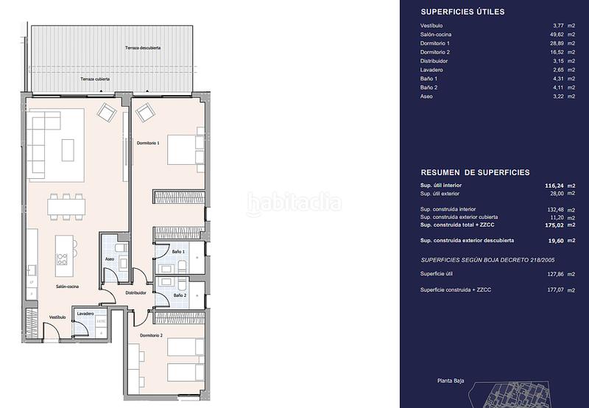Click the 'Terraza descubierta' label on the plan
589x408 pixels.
[143, 48]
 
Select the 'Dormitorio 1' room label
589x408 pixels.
[148, 143]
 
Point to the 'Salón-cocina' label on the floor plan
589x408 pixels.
[68, 286]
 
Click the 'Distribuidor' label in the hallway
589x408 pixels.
[135, 292]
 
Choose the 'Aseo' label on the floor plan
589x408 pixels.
[109, 260]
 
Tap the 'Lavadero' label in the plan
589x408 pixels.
[85, 314]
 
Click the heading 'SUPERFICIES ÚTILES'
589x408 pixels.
[462, 12]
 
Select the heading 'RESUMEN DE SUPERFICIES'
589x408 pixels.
[475, 172]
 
